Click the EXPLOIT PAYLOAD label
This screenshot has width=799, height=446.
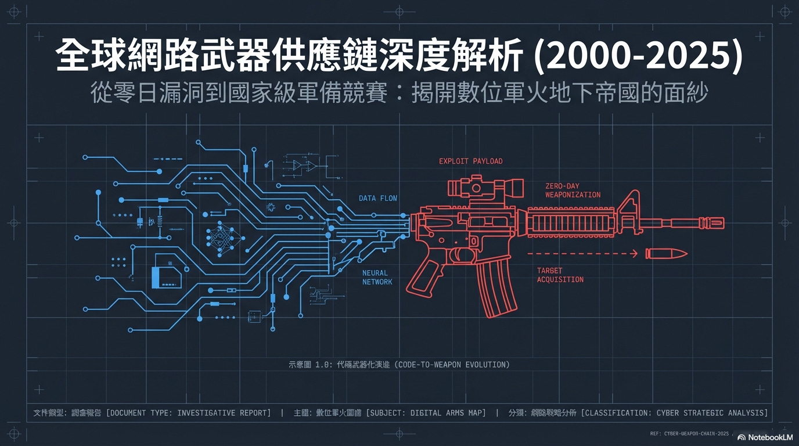pos(470,161)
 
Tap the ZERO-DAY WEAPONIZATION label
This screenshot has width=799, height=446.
pos(573,190)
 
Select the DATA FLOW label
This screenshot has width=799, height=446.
pos(378,199)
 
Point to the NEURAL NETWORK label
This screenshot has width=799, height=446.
pos(377,278)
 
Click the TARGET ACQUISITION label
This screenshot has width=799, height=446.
pos(560,275)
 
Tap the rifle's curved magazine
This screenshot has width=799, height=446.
pos(496,287)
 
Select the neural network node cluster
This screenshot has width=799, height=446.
pos(220,238)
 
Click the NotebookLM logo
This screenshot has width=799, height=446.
pos(765,437)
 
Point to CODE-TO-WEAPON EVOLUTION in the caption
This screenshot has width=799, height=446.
pos(454,365)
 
